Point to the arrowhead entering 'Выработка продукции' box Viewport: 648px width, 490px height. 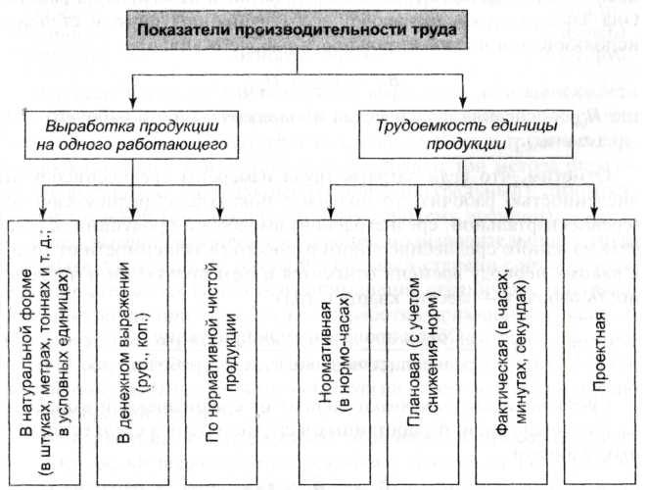pos(134,103)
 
